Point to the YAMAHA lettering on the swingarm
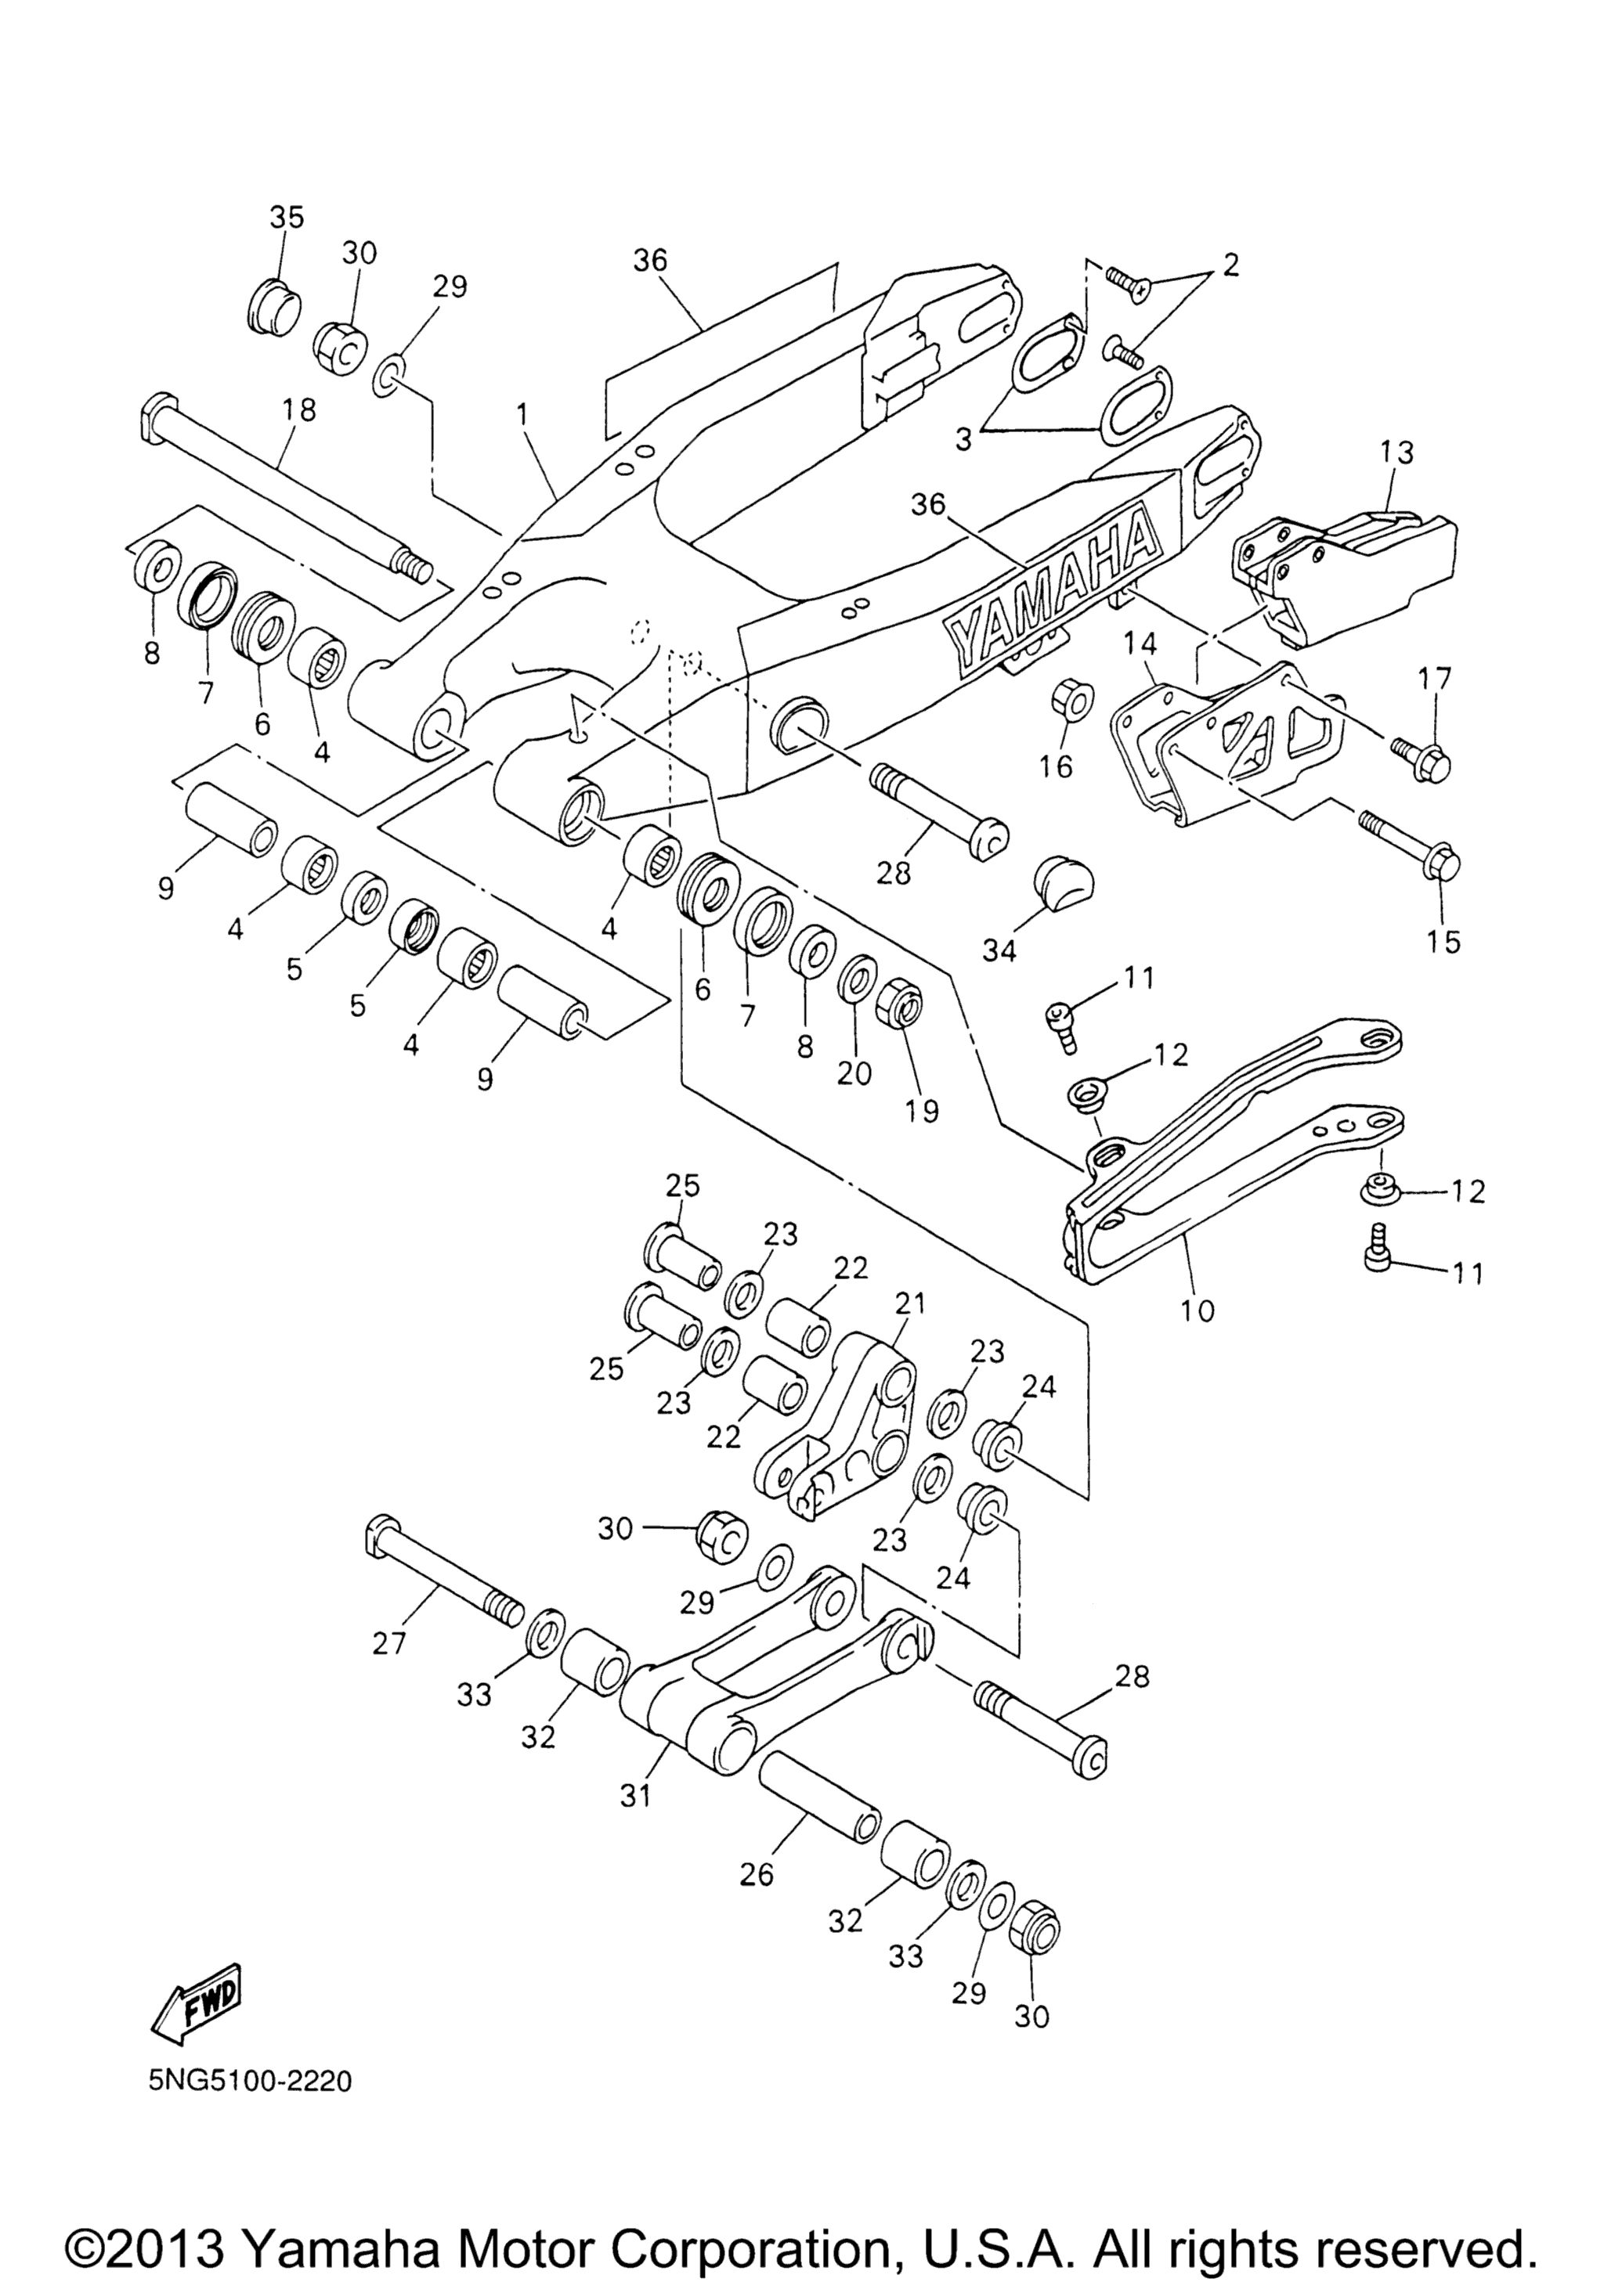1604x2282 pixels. (1053, 586)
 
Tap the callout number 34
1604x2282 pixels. (999, 950)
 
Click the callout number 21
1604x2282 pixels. (910, 1302)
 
